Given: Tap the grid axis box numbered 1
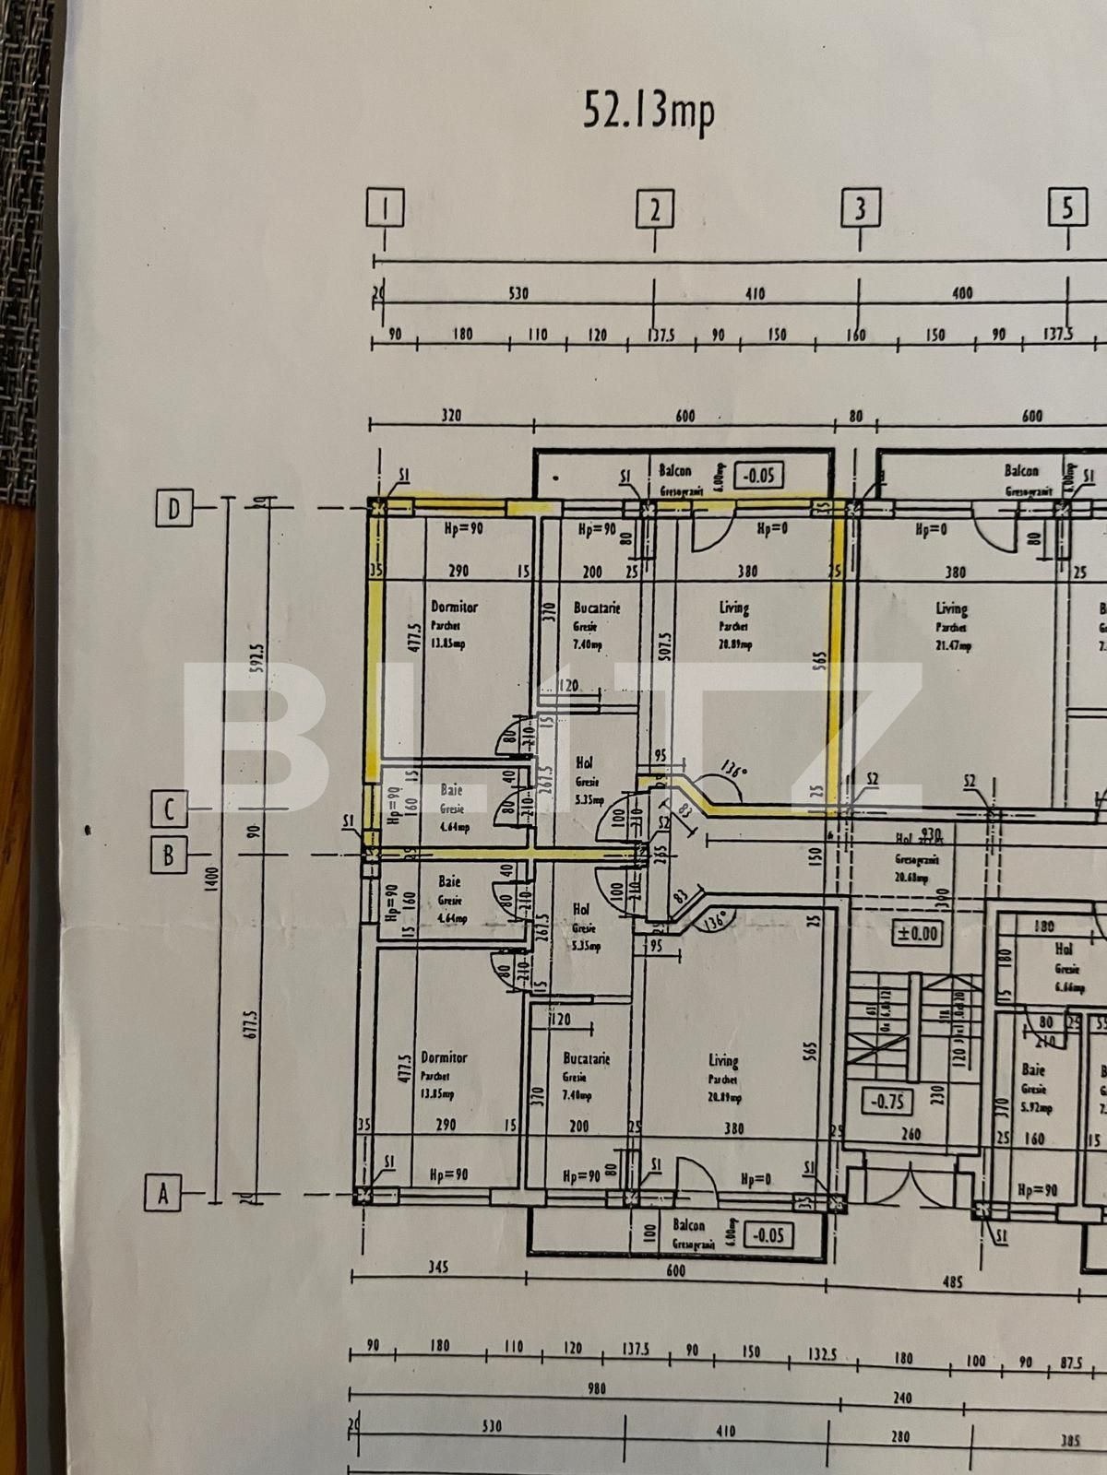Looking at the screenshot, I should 385,208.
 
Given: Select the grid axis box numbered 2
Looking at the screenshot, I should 654,210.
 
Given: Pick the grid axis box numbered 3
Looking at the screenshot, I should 860,209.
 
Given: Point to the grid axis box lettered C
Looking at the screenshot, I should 169,810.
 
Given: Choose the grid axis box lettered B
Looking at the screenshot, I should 169,855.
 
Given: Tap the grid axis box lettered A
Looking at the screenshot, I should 163,1195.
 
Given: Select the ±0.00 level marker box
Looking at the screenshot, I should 917,933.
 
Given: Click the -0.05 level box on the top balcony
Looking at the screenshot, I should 761,476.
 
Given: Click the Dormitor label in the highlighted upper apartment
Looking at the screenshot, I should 455,608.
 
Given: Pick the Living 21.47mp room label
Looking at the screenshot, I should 952,608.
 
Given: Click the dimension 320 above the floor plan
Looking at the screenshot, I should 450,416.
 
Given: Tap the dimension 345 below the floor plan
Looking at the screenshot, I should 438,1268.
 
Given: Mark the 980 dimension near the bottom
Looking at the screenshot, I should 597,1388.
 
